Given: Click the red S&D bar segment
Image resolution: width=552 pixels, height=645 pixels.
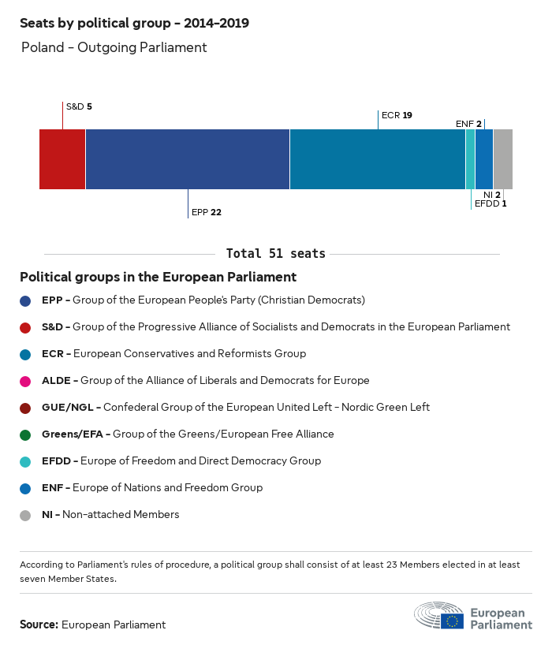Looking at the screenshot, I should coord(62,159).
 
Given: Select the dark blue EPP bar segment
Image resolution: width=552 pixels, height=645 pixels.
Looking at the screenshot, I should coord(188,159).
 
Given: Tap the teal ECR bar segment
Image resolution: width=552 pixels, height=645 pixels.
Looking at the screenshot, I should coord(377,159).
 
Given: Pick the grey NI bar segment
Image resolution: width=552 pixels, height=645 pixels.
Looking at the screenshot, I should coord(502,159).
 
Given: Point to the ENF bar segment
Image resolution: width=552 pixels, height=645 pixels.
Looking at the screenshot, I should coord(484,159).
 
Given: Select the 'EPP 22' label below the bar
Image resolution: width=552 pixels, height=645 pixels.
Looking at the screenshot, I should coord(207,212).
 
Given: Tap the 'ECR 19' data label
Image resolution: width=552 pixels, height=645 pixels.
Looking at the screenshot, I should coord(397,115).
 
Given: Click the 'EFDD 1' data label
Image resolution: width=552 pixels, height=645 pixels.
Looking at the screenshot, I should coord(490,203).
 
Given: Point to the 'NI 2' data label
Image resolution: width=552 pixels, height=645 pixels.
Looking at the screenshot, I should coord(492,194).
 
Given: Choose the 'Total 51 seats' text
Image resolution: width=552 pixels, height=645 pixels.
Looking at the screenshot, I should coord(275,254).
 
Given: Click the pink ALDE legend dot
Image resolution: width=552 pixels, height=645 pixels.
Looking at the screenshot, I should coord(26,381).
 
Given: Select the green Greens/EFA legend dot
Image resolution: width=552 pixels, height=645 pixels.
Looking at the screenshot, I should coord(26,434).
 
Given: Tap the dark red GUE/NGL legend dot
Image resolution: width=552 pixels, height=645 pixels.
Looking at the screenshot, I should coord(26,408).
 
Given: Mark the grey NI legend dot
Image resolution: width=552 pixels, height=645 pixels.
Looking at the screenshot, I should coord(26,515).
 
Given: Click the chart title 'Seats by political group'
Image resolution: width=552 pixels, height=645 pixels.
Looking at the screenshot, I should coord(134,23).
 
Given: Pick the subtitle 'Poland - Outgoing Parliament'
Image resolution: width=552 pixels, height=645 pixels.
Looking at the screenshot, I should coord(114,47).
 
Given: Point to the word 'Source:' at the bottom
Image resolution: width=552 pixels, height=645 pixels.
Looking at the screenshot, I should coord(39,624).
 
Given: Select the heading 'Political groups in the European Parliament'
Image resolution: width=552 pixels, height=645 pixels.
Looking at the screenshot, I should coord(158,277).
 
